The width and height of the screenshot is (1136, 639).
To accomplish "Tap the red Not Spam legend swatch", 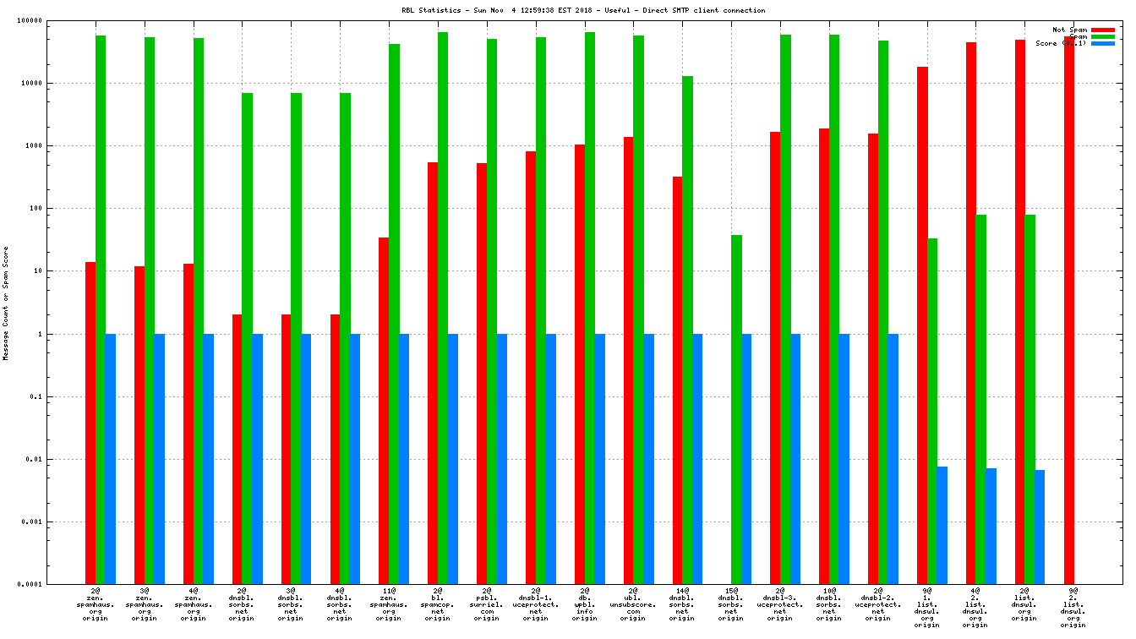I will tap(1103, 30).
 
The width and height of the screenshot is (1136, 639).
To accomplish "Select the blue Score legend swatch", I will tap(1103, 43).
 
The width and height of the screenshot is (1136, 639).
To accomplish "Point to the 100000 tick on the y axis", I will tap(53, 20).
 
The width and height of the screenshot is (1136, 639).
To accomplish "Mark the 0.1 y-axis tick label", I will tap(60, 397).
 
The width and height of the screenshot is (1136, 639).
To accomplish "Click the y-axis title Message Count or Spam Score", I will tap(6, 303).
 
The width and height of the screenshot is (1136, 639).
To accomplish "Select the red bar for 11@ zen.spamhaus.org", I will tap(384, 411).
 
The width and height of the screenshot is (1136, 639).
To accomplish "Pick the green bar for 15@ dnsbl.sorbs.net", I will tap(736, 409).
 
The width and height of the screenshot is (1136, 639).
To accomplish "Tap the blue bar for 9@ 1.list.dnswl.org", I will tap(942, 525).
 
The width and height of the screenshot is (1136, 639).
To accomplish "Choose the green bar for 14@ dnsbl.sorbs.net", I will tap(687, 330).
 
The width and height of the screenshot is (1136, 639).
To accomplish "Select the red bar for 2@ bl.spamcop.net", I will tap(433, 373).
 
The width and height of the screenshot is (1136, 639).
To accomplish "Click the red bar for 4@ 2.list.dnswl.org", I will tap(971, 313).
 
